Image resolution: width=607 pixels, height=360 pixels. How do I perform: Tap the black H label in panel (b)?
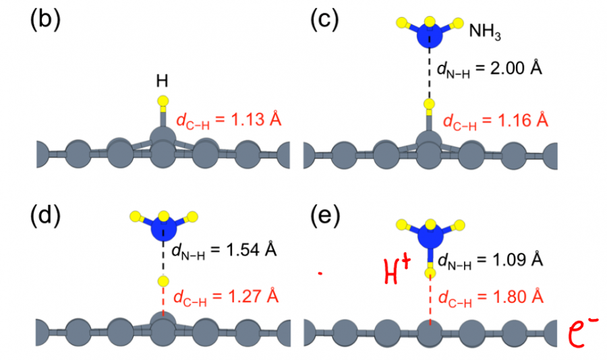tap(162, 82)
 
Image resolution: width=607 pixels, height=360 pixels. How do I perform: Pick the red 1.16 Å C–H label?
tap(495, 122)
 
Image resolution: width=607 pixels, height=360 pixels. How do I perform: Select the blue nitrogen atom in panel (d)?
tap(163, 227)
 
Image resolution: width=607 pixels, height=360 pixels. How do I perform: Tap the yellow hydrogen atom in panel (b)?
tap(162, 102)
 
